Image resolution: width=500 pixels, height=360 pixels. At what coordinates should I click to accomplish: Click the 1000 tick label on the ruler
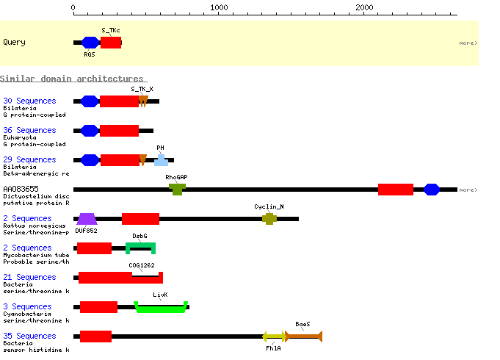(219, 7)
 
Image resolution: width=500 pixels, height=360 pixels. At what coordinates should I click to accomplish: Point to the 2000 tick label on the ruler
(364, 7)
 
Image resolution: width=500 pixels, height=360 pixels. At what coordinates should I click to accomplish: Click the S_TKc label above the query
(111, 30)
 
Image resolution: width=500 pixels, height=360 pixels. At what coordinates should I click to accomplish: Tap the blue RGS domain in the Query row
(90, 43)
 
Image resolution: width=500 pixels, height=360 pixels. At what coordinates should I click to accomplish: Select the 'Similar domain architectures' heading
(73, 79)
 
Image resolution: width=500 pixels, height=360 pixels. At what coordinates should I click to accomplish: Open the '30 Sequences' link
(29, 101)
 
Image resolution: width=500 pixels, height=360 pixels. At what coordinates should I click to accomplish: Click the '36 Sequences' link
(29, 130)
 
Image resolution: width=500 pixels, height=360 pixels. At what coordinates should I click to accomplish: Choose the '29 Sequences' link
(29, 159)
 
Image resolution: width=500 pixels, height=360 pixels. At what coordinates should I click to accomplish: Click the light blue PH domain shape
(161, 161)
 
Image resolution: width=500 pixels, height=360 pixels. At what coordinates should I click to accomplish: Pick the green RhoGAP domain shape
(177, 190)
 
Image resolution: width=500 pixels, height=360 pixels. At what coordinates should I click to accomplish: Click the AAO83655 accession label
(21, 189)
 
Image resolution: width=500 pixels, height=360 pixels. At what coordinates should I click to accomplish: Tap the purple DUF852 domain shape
(87, 219)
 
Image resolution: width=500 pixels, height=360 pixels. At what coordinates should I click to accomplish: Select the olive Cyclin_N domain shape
(269, 219)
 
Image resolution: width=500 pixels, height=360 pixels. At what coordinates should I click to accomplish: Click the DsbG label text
(140, 236)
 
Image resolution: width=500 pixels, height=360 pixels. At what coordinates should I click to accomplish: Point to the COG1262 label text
(142, 265)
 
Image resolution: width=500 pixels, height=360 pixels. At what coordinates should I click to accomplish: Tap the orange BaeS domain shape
(303, 336)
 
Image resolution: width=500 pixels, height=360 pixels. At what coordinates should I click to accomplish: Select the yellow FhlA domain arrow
(274, 336)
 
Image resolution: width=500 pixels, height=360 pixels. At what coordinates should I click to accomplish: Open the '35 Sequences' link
(29, 336)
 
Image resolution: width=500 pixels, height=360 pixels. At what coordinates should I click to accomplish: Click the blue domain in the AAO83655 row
(432, 190)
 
